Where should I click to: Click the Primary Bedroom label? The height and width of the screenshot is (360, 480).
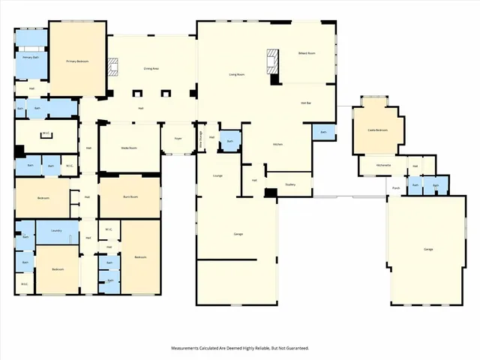tap(77, 61)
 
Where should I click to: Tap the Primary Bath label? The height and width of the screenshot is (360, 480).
tap(31, 57)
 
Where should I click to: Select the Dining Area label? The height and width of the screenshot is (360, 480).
tap(152, 69)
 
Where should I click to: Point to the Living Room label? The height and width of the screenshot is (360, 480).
tap(238, 74)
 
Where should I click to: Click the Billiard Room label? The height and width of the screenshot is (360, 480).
tap(307, 54)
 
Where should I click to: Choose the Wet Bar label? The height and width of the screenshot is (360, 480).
tap(306, 103)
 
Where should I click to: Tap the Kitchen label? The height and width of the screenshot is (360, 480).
tap(277, 143)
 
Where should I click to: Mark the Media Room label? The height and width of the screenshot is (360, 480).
tap(129, 148)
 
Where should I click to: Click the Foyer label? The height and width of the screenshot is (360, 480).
tap(178, 139)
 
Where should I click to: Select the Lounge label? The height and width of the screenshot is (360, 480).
tap(217, 177)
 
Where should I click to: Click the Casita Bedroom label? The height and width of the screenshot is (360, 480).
tap(376, 130)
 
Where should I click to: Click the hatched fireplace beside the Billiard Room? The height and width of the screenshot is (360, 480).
tap(274, 60)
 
